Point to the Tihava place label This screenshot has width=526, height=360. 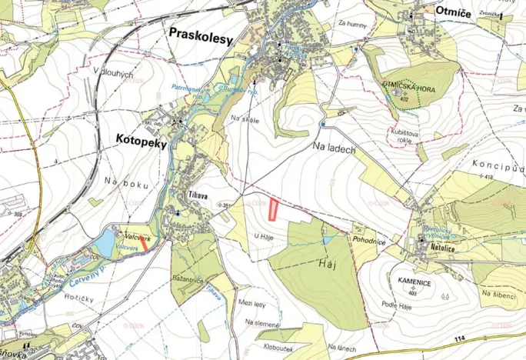point(197,195)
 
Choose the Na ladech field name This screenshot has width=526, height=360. point(334,148)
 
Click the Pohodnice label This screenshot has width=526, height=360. point(370,242)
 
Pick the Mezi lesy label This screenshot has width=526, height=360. point(254,304)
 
